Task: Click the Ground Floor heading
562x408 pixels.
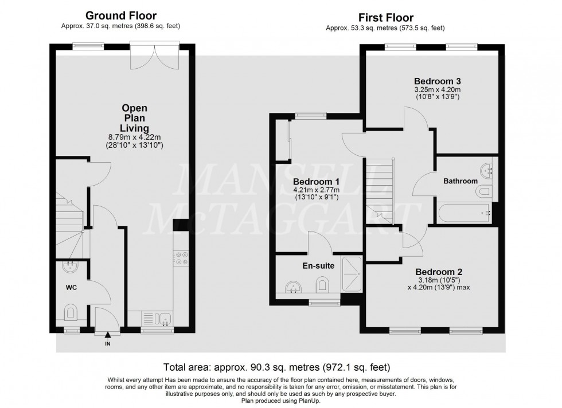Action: pyautogui.click(x=121, y=15)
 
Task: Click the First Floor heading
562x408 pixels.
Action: pyautogui.click(x=386, y=18)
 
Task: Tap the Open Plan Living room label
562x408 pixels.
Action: pyautogui.click(x=135, y=117)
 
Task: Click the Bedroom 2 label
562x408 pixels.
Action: pyautogui.click(x=439, y=272)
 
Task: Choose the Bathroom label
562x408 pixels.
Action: pyautogui.click(x=460, y=181)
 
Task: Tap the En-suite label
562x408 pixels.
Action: pyautogui.click(x=318, y=266)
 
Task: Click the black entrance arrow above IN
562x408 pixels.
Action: pyautogui.click(x=107, y=336)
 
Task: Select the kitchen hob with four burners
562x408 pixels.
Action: pyautogui.click(x=182, y=258)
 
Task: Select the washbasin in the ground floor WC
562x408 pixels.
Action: pyautogui.click(x=71, y=266)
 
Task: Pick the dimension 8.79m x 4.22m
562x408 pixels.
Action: pyautogui.click(x=135, y=138)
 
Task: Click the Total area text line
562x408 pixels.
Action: pyautogui.click(x=280, y=367)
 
